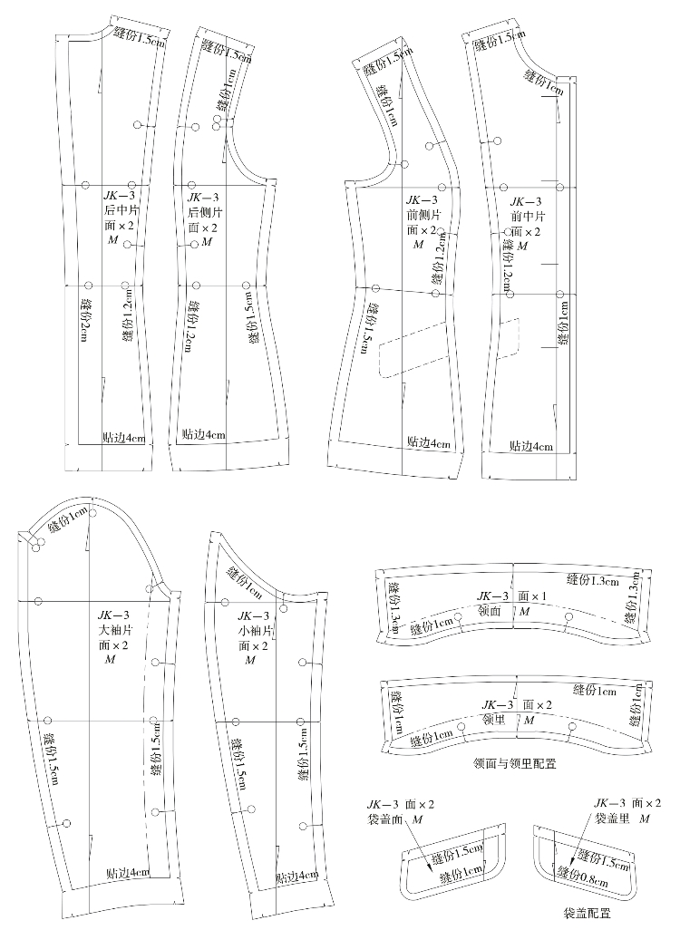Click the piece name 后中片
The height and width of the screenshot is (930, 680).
coord(120,210)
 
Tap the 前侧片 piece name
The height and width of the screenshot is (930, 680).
coord(423,215)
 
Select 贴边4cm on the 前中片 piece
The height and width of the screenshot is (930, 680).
coord(531,446)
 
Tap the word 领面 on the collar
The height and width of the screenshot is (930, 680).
coord(490,611)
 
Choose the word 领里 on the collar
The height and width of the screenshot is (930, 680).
coord(493,719)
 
